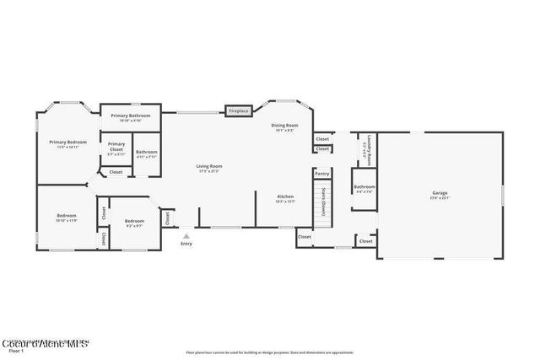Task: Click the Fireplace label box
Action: pyautogui.click(x=239, y=110)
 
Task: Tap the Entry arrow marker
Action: pyautogui.click(x=186, y=236)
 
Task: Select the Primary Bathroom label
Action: pyautogui.click(x=134, y=116)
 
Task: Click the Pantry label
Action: pyautogui.click(x=321, y=175)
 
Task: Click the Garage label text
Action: pyautogui.click(x=440, y=193)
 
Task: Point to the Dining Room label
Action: pyautogui.click(x=284, y=126)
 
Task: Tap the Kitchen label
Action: pyautogui.click(x=286, y=197)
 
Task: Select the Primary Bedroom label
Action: pyautogui.click(x=67, y=142)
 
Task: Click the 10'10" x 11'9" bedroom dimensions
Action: pyautogui.click(x=67, y=220)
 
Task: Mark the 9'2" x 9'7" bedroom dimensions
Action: pyautogui.click(x=133, y=225)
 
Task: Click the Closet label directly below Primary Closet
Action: pyautogui.click(x=116, y=172)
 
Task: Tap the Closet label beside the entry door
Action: pyautogui.click(x=167, y=218)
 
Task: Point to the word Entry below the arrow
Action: pyautogui.click(x=186, y=244)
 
